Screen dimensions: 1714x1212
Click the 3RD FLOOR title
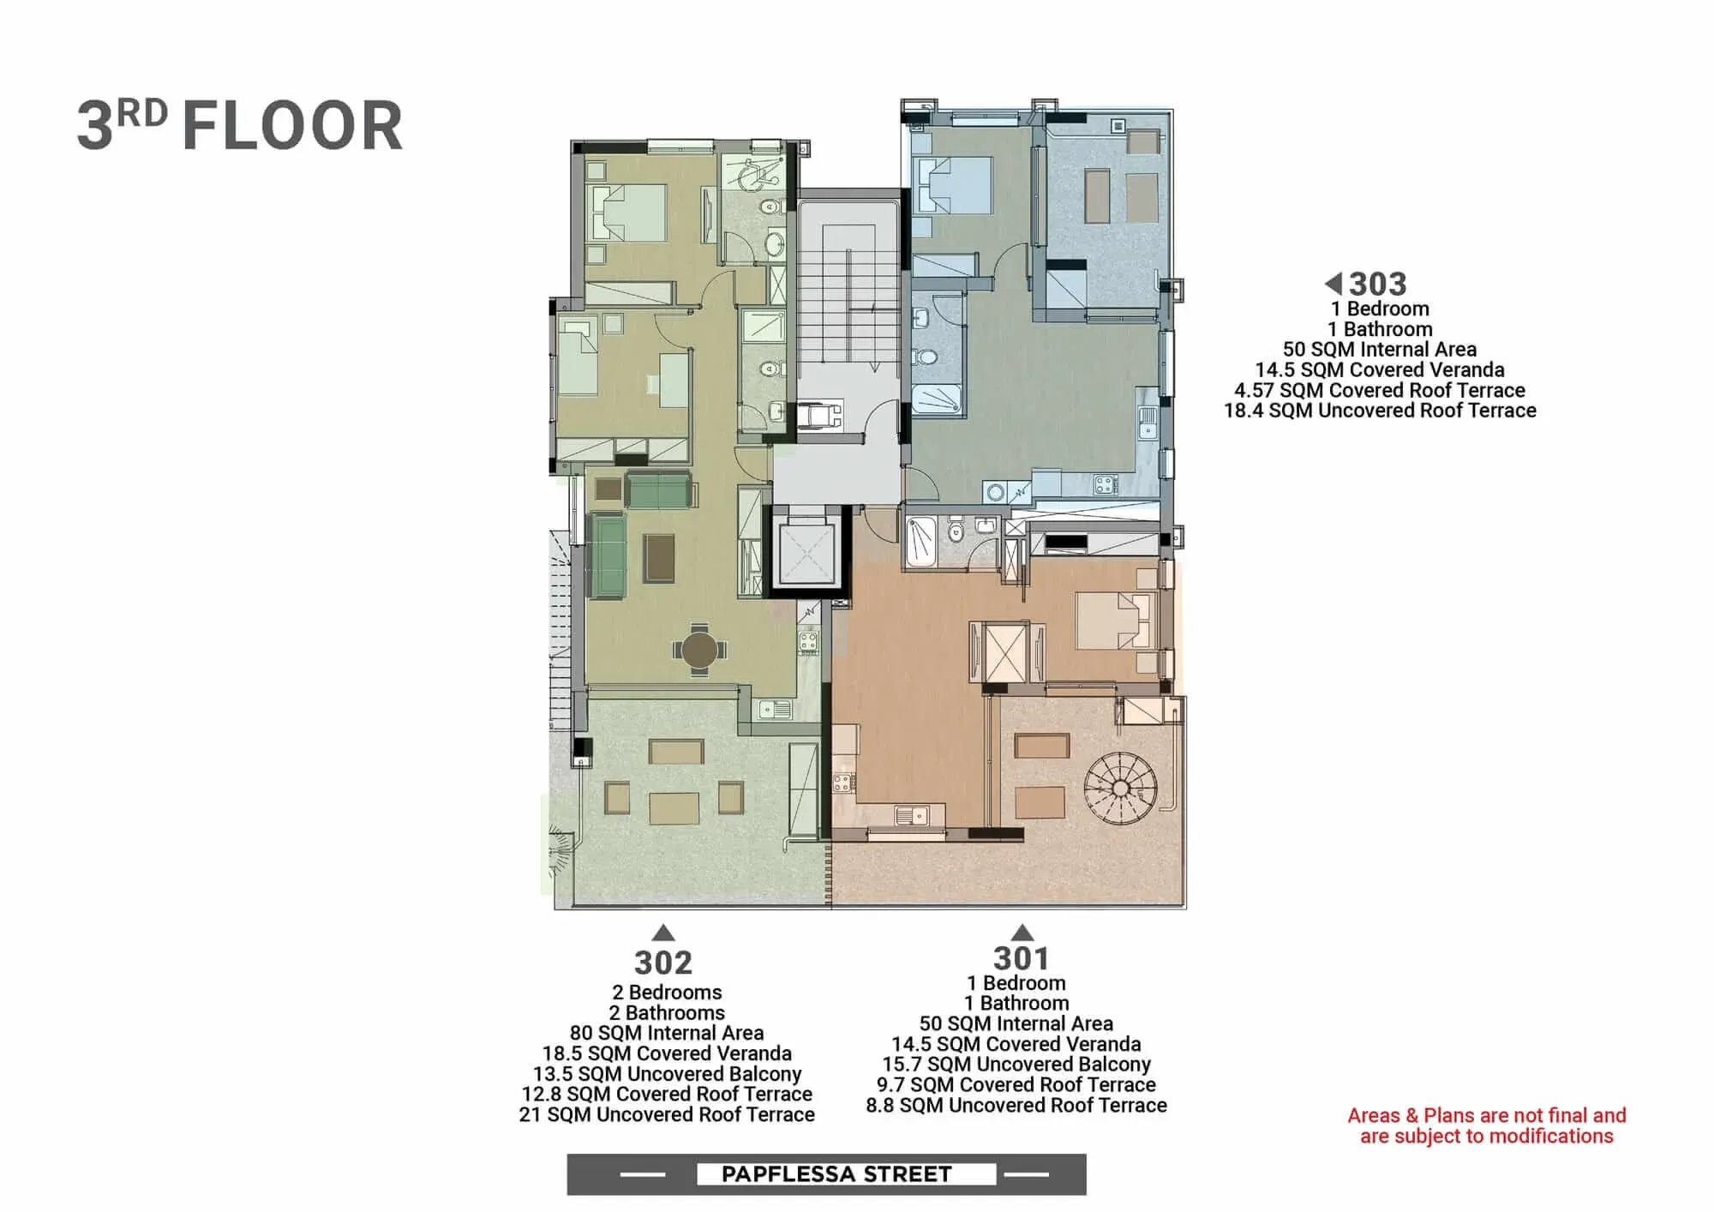240,125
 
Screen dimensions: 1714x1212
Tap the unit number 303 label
1378,284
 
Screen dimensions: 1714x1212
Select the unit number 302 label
663,963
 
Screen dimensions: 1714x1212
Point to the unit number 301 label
1021,957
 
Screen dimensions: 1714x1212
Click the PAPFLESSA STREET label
836,1173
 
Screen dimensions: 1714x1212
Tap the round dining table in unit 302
699,650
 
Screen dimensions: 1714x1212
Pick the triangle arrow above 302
663,933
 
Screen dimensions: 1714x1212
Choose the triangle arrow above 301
1022,933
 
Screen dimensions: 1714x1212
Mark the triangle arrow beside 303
1333,283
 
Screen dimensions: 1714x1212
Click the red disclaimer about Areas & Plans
1486,1125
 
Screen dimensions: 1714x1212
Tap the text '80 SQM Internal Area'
667,1033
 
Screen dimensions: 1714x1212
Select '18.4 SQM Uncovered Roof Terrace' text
1380,411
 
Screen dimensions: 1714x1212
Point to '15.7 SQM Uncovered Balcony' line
1016,1065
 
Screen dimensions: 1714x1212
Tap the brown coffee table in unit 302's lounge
659,558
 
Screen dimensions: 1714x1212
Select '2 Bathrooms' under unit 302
667,1012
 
